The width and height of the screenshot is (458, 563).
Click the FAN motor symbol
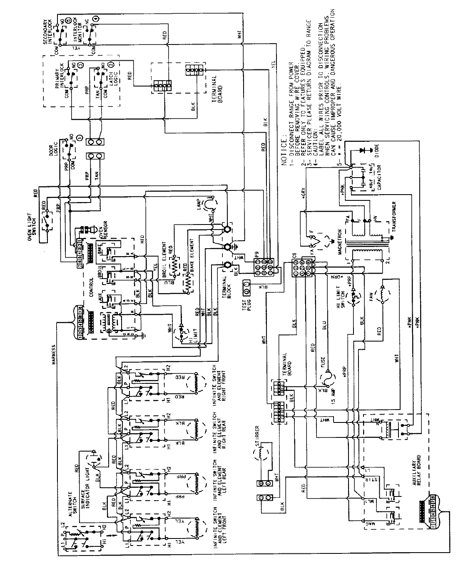pos(383,296)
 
